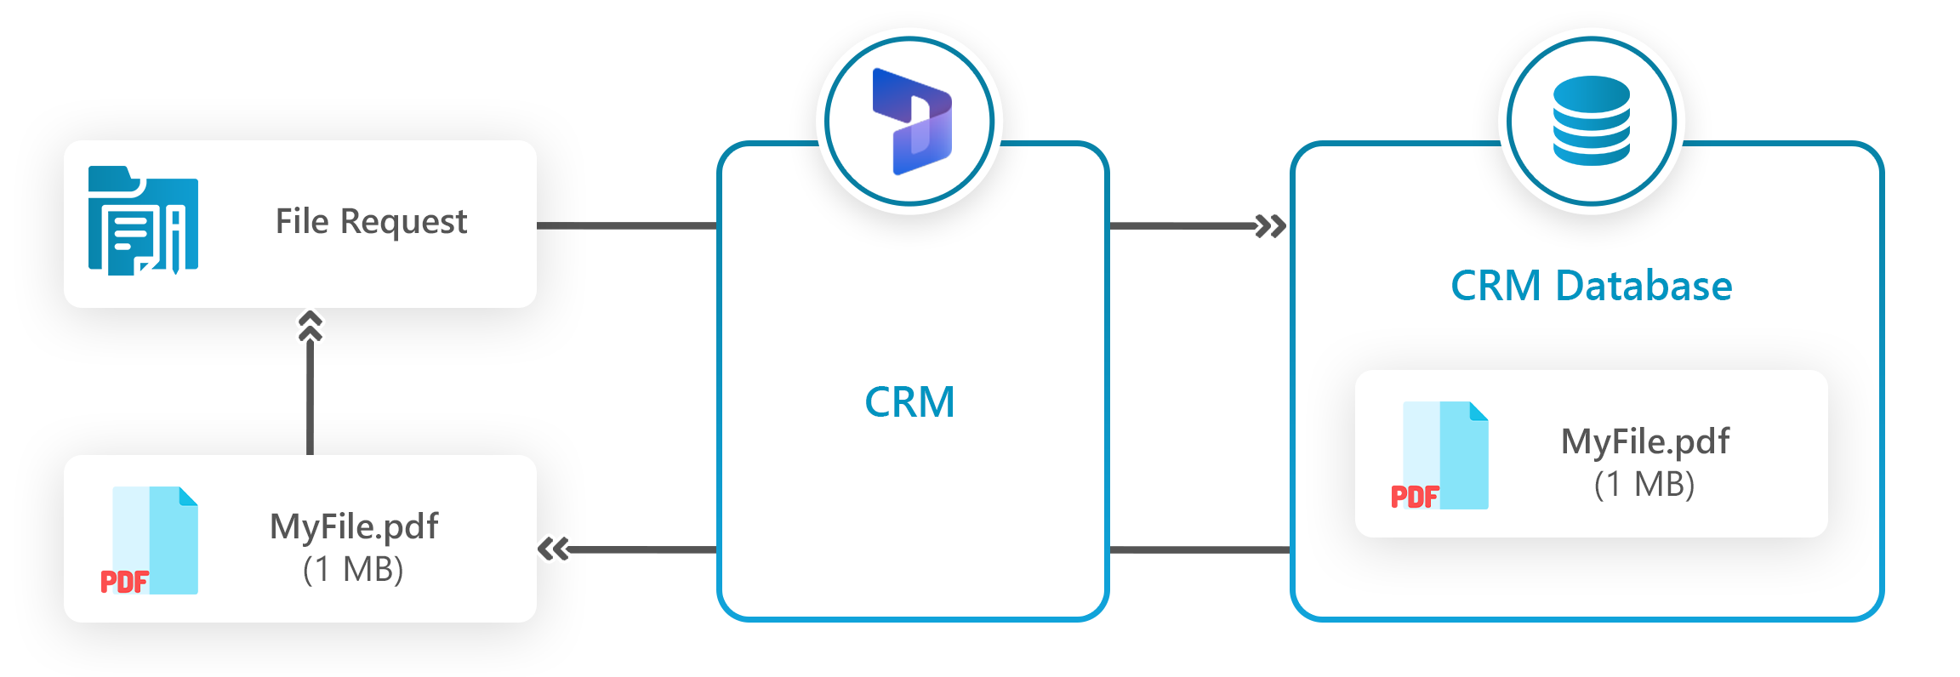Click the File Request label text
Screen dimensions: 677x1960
pos(371,222)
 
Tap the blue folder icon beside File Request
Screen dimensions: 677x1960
pos(143,222)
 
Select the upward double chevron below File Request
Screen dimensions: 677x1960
pos(310,327)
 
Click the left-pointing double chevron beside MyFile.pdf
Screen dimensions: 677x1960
pos(555,549)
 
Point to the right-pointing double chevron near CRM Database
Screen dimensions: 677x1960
pos(1270,226)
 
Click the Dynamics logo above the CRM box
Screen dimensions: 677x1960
pos(911,122)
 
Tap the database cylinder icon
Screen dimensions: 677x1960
pos(1591,120)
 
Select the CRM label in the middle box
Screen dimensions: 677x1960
pos(909,402)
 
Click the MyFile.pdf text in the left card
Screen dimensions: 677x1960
pos(354,526)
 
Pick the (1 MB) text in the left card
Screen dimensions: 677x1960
pos(353,569)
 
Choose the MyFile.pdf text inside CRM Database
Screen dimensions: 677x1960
pos(1644,441)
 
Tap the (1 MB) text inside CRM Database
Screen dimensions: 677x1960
pos(1644,484)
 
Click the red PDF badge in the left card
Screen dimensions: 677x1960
pos(125,582)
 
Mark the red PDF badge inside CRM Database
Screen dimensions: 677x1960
pos(1414,497)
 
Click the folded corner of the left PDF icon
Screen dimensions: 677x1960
pos(189,496)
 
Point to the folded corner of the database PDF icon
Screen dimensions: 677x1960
pos(1479,411)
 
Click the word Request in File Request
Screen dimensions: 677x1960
pos(403,222)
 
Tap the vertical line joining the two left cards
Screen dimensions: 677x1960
pos(310,408)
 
